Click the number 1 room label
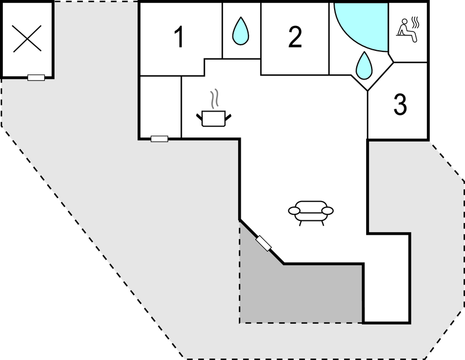click(x=179, y=36)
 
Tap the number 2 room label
click(x=295, y=36)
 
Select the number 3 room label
click(x=400, y=104)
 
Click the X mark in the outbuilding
click(x=27, y=39)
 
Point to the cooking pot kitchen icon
click(x=214, y=118)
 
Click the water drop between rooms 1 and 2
click(x=240, y=31)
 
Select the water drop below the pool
click(x=364, y=66)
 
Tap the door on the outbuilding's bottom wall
click(x=36, y=78)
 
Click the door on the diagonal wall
click(x=263, y=243)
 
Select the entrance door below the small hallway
click(x=160, y=139)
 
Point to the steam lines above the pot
click(x=214, y=99)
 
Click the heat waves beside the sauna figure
click(x=416, y=22)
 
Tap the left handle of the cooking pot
click(x=199, y=117)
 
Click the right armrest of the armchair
click(x=327, y=210)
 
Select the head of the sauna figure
click(x=404, y=22)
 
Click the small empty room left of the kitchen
click(x=161, y=107)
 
